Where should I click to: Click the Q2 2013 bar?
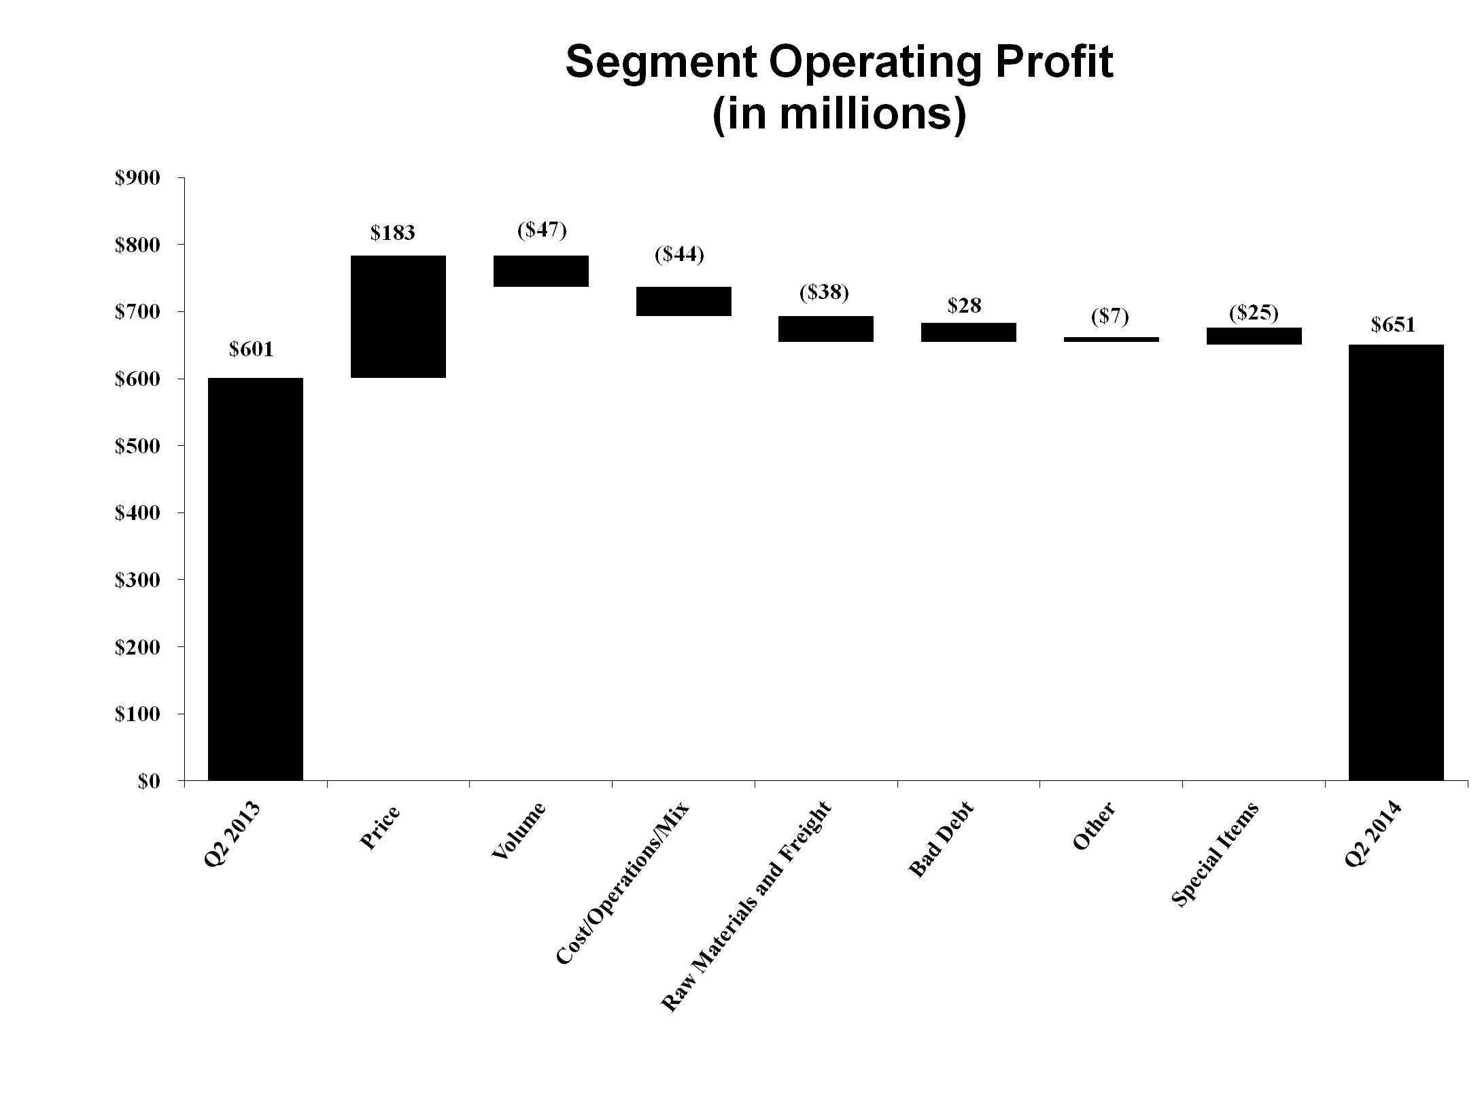pyautogui.click(x=256, y=579)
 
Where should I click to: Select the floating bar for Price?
pyautogui.click(x=398, y=317)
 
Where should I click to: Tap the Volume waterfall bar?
pyautogui.click(x=541, y=271)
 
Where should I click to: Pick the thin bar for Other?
pyautogui.click(x=1111, y=339)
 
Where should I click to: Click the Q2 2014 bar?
pyautogui.click(x=1396, y=563)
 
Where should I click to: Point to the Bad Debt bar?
pyautogui.click(x=969, y=332)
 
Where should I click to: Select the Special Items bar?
pyautogui.click(x=1254, y=336)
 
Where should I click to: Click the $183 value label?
pyautogui.click(x=392, y=233)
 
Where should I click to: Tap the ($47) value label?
pyautogui.click(x=542, y=230)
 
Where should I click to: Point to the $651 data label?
pyautogui.click(x=1393, y=325)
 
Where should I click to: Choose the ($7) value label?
pyautogui.click(x=1109, y=317)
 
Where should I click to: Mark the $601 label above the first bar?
pyautogui.click(x=251, y=349)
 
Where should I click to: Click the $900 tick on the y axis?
pyautogui.click(x=137, y=178)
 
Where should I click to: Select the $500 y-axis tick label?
pyautogui.click(x=137, y=447)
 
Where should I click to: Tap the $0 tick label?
pyautogui.click(x=149, y=782)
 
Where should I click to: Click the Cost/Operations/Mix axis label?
pyautogui.click(x=623, y=883)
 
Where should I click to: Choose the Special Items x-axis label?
pyautogui.click(x=1216, y=854)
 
